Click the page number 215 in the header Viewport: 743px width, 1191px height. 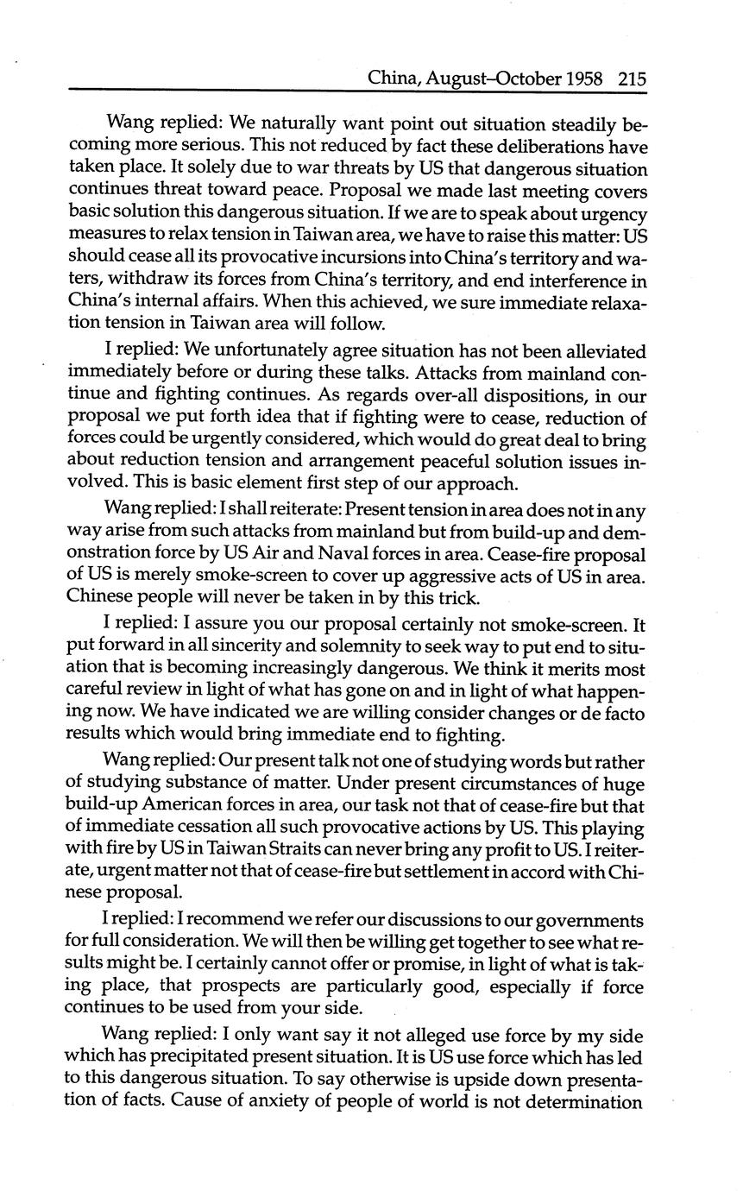pos(632,79)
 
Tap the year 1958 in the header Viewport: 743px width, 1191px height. pos(589,79)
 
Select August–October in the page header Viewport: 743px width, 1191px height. pos(486,79)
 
